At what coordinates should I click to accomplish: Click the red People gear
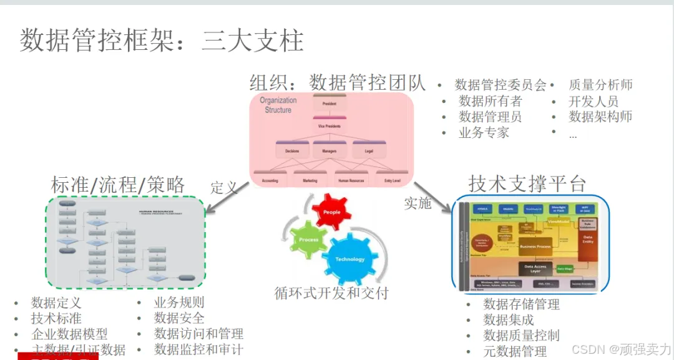(331, 213)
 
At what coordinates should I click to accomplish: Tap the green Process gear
(308, 240)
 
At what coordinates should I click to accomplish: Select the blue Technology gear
(349, 259)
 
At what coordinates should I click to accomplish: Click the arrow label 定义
(224, 187)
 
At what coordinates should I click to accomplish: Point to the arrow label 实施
(418, 203)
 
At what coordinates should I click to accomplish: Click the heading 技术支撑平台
(527, 183)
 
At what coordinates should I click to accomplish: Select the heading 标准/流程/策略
(118, 185)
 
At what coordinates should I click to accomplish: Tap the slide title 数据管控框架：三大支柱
(162, 40)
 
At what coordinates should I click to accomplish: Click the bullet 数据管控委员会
(501, 85)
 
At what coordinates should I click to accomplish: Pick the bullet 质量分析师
(600, 85)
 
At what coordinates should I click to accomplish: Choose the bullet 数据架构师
(600, 117)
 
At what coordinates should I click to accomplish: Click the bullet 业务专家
(484, 132)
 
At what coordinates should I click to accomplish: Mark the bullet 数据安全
(179, 318)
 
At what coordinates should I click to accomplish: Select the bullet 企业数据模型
(69, 334)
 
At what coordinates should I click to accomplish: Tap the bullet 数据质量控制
(521, 336)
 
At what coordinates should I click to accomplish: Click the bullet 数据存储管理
(521, 304)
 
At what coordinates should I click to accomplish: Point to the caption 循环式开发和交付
(331, 292)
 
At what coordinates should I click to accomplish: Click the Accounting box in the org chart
(270, 180)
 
